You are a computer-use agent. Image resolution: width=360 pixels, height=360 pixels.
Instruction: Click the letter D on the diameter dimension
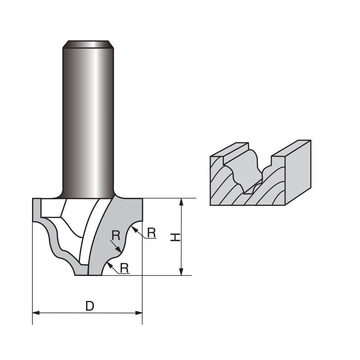pos(90,306)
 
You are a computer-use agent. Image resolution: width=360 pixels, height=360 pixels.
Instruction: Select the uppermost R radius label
pos(152,233)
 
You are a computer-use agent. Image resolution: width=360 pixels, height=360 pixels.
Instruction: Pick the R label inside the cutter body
pos(116,235)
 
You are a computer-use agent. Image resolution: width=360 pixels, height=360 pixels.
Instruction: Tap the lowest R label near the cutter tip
pos(124,268)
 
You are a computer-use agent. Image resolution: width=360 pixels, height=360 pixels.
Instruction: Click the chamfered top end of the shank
pos(88,44)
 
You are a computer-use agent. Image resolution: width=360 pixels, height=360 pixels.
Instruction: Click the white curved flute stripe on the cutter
pos(88,230)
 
